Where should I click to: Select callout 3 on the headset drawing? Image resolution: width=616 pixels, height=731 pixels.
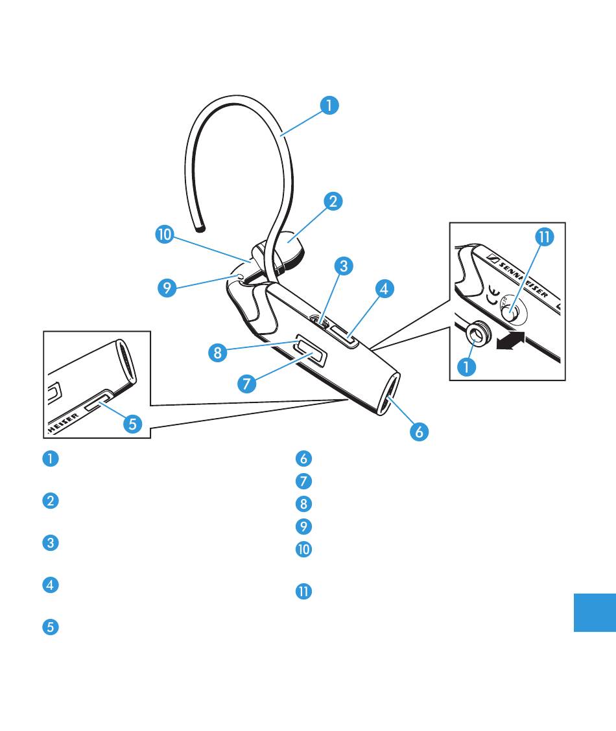344,265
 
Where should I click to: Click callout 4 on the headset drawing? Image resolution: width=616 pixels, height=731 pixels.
385,288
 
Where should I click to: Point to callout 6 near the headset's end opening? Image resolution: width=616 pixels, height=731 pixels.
420,431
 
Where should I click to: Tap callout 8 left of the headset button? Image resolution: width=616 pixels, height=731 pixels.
218,353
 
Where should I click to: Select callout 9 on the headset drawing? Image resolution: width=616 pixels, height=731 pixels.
167,288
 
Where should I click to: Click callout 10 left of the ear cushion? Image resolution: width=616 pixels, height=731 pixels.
165,235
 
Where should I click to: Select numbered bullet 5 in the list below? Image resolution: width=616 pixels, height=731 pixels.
51,627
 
